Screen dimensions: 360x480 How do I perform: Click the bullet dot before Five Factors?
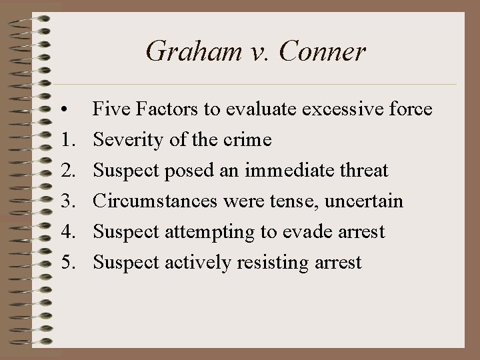61,109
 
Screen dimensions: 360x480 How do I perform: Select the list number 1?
65,140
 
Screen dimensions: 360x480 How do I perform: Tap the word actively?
193,263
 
